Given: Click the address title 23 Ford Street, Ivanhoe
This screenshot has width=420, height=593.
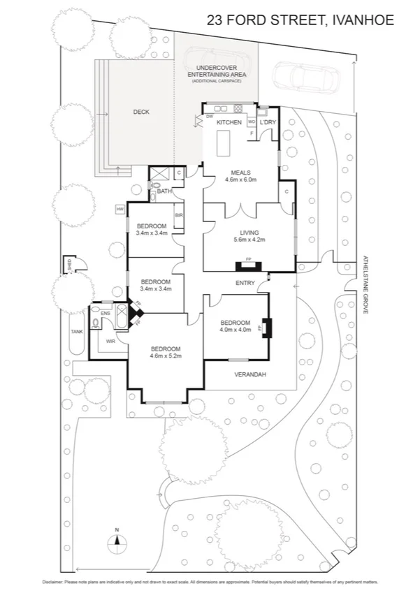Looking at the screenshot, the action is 300,20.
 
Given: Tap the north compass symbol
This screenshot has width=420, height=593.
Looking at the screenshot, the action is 118,540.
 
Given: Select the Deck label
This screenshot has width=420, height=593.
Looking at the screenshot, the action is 141,112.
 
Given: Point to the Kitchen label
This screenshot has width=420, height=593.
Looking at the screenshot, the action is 229,122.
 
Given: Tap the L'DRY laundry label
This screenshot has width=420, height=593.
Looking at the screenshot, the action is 268,122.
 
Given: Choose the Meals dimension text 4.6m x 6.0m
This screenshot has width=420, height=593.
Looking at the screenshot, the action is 240,180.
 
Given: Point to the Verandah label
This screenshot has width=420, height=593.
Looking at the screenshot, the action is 249,374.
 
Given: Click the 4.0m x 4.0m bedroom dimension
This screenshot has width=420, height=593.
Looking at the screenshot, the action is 235,330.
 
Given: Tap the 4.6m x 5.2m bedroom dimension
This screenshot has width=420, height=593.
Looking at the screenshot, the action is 165,356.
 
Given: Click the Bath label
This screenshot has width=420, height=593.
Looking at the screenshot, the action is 164,191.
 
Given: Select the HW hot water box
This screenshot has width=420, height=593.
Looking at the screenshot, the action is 120,209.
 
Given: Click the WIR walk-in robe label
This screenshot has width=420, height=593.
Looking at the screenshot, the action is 110,342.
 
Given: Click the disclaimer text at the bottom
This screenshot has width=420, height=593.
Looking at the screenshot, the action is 210,581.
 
